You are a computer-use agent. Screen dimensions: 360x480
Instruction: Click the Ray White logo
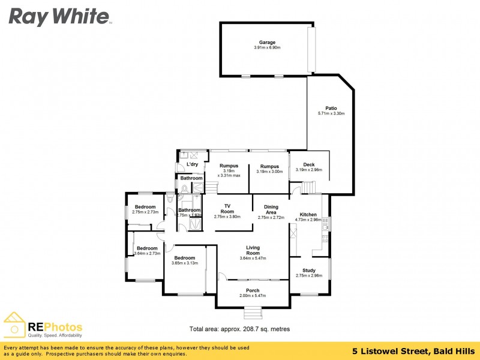59,16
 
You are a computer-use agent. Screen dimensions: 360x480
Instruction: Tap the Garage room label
268,43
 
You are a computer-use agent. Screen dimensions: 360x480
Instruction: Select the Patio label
331,109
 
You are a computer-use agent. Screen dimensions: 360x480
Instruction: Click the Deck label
308,164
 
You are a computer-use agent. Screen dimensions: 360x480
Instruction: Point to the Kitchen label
308,214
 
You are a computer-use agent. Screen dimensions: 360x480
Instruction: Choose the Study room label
308,271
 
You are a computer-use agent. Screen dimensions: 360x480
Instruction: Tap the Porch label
253,290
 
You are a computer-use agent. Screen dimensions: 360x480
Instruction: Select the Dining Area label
271,209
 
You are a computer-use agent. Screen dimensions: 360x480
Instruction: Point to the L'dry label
193,164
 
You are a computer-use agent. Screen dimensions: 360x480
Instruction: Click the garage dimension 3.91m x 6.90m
268,48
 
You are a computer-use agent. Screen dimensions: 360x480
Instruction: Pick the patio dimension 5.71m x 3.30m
331,113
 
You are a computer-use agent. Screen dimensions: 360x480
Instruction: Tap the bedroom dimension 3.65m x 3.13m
184,263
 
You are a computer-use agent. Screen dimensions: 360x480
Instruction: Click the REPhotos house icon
15,326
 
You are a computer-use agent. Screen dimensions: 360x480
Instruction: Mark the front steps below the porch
253,313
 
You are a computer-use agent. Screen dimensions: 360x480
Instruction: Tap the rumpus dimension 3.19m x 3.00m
269,172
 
